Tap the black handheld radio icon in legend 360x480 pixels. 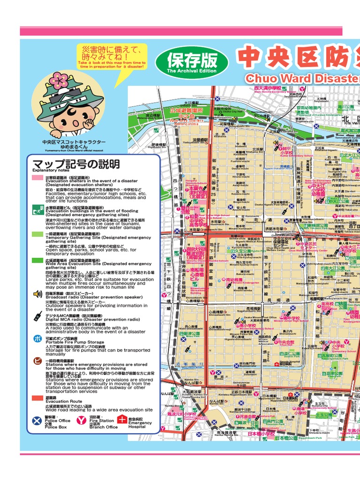tap(37, 316)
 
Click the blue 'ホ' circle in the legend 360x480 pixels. tap(37, 339)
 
